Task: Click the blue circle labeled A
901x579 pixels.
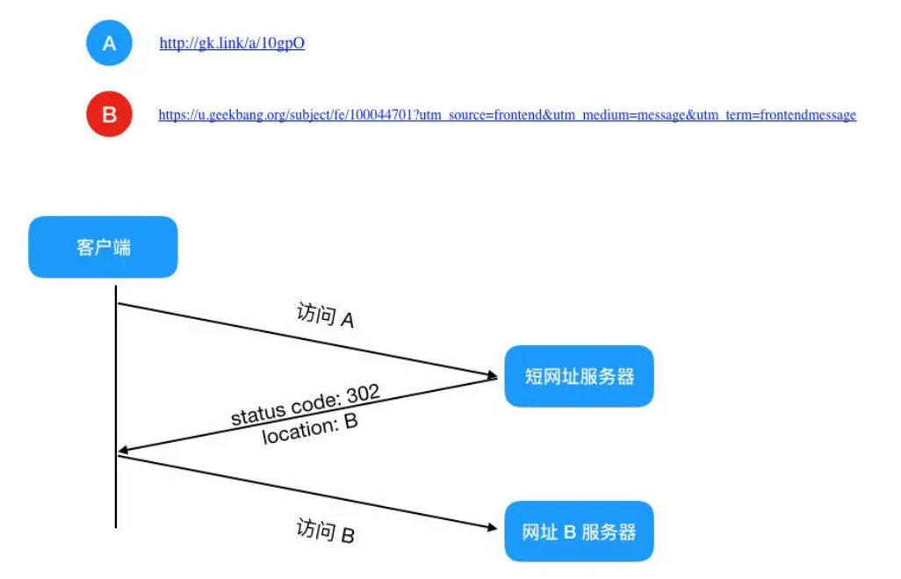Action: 109,43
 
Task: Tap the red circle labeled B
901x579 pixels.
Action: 109,114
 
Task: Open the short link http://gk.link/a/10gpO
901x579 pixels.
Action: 232,43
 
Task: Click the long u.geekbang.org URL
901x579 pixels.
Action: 507,115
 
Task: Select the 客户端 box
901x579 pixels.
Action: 103,247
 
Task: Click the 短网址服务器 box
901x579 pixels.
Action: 579,376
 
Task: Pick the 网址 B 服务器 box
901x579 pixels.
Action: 579,532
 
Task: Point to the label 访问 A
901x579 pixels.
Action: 326,316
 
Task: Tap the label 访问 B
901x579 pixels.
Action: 326,532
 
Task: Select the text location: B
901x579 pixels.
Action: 310,428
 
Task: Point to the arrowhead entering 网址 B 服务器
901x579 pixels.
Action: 493,527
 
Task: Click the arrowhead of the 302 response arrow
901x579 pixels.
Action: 123,452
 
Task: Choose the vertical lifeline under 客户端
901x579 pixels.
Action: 116,404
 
